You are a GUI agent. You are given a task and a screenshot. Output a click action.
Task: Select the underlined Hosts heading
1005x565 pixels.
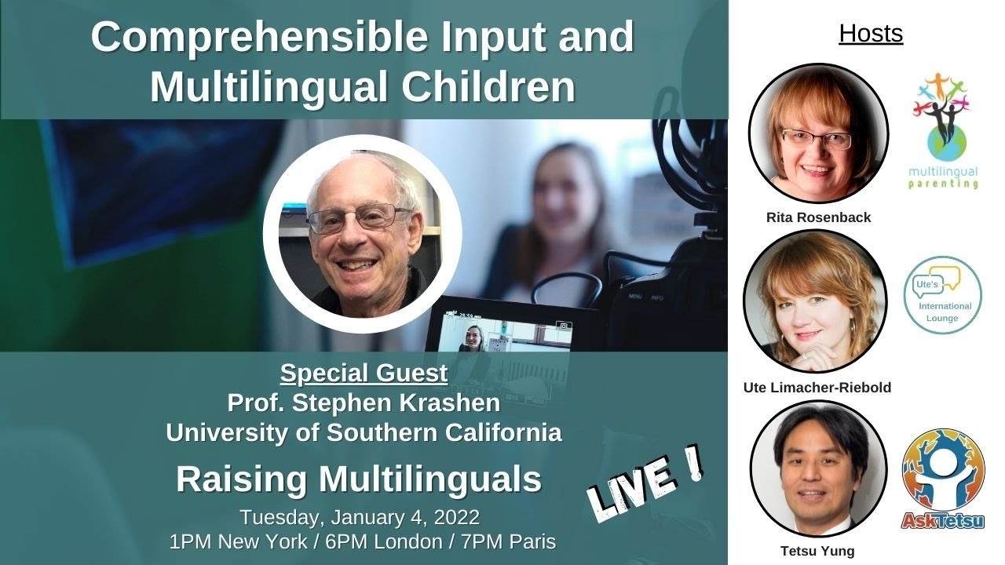click(871, 33)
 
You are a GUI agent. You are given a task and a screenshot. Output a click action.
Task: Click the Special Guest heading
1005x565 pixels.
click(364, 374)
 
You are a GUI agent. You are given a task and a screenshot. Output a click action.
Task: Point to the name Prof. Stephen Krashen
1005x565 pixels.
click(364, 403)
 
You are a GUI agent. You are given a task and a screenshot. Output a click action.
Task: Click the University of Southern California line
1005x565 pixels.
click(364, 432)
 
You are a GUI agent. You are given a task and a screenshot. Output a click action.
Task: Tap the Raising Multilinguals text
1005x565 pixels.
click(359, 479)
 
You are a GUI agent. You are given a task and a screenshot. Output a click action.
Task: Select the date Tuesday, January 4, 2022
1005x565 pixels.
click(360, 518)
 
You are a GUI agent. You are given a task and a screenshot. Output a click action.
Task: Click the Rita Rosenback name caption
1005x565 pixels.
click(818, 217)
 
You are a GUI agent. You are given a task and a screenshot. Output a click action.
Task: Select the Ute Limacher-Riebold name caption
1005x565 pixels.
click(817, 387)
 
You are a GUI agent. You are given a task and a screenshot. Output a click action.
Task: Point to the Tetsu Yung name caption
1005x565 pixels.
click(818, 550)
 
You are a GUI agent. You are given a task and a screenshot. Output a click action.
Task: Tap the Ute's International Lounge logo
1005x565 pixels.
click(943, 295)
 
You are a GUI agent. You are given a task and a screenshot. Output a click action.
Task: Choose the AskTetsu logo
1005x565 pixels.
click(943, 479)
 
